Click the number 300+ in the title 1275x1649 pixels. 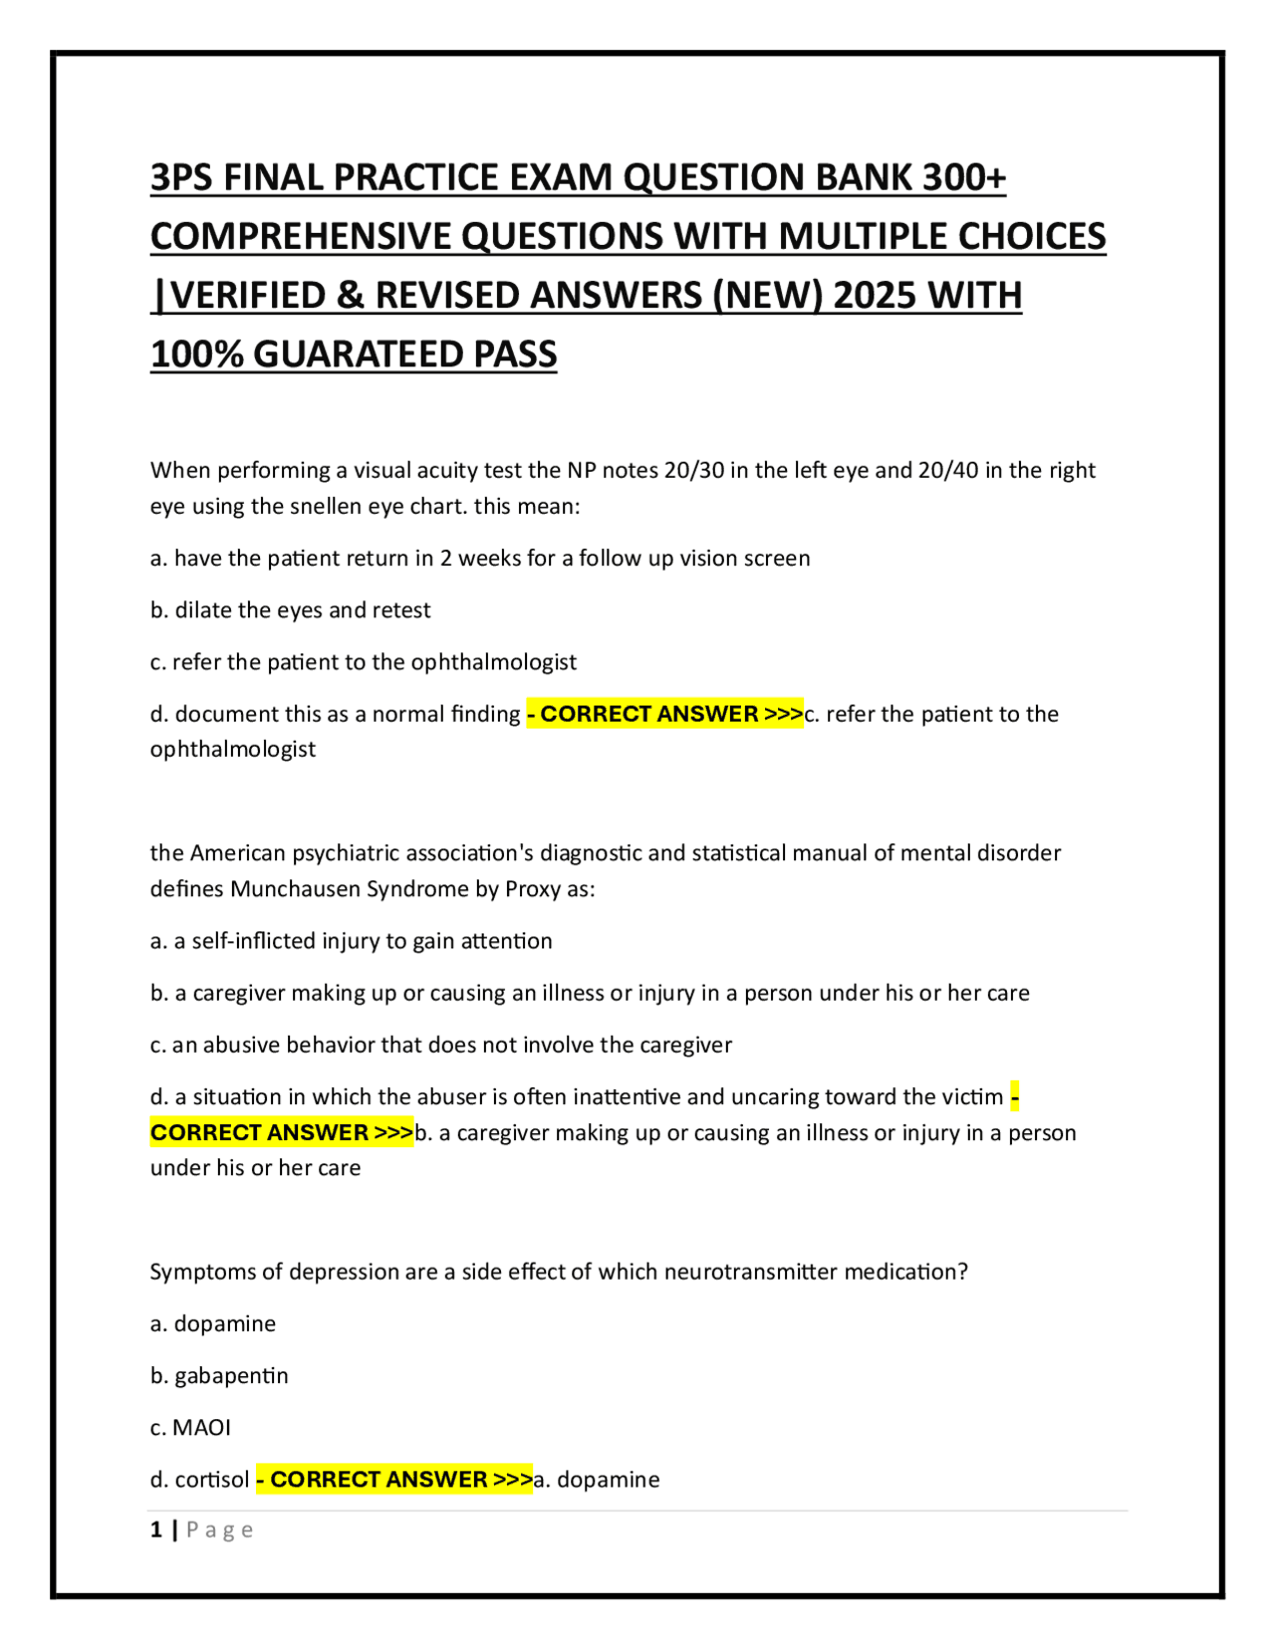pyautogui.click(x=963, y=177)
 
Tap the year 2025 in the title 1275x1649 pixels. pyautogui.click(x=874, y=296)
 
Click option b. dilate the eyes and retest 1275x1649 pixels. pyautogui.click(x=290, y=610)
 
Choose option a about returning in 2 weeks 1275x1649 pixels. pyautogui.click(x=479, y=559)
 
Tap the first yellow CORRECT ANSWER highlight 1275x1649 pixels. pyautogui.click(x=664, y=714)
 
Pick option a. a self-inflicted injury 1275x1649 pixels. pyautogui.click(x=351, y=941)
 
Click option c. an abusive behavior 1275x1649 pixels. pyautogui.click(x=440, y=1045)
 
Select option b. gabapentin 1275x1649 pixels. pyautogui.click(x=219, y=1376)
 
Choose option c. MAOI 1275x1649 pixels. pyautogui.click(x=190, y=1428)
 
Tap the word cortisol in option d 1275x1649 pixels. pyautogui.click(x=212, y=1480)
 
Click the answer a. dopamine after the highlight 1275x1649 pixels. pyautogui.click(x=597, y=1480)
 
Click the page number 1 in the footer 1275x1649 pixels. pyautogui.click(x=155, y=1530)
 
